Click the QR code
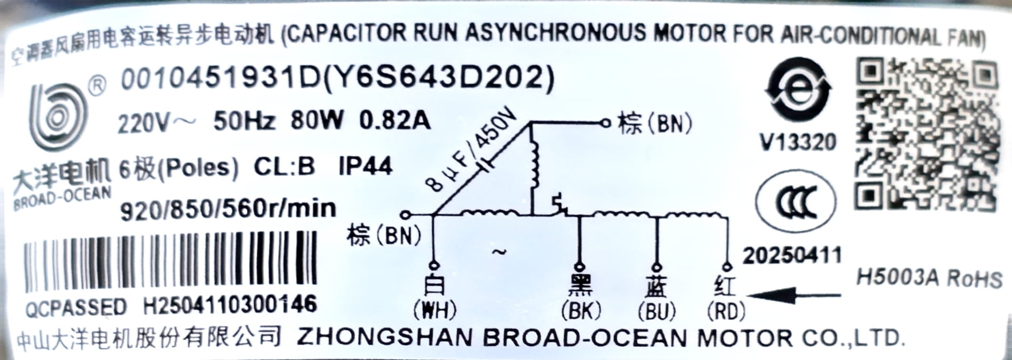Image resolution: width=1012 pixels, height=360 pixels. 927,134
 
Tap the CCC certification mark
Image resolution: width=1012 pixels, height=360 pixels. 796,202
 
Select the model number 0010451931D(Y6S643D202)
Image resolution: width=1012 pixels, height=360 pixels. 337,79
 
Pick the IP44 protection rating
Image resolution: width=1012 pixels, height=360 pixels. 366,166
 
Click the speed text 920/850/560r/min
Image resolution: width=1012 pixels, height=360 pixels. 229,209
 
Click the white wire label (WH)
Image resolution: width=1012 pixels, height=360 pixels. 434,310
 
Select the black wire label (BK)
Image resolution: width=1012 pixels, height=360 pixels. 581,310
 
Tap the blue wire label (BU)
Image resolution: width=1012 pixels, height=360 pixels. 657,311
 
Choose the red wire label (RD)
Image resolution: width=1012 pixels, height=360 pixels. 726,311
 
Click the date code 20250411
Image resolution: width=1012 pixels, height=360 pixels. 792,255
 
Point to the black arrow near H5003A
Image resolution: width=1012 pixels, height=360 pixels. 794,294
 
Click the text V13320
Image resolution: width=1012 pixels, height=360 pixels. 798,142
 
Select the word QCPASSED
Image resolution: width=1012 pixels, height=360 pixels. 75,308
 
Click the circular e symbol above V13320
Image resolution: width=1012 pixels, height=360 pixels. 798,91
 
